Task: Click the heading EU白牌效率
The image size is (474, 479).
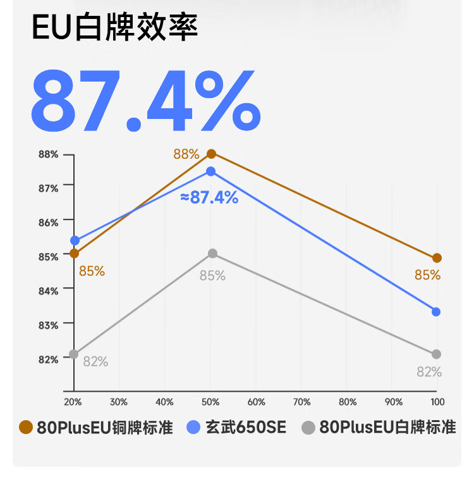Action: (x=116, y=27)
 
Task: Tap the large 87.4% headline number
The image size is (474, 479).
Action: (x=145, y=99)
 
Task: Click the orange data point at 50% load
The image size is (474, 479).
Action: (x=211, y=154)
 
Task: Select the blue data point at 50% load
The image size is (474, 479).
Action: (x=211, y=171)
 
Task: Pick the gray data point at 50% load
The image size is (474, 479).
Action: (x=212, y=253)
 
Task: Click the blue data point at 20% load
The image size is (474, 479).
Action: (x=75, y=240)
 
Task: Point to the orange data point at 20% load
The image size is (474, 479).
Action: (x=75, y=253)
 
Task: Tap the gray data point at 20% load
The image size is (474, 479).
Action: (x=74, y=354)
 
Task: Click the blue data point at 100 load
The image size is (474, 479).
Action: (x=436, y=311)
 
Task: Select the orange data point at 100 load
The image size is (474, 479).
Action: (x=437, y=258)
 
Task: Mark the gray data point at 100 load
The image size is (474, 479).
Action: (x=436, y=354)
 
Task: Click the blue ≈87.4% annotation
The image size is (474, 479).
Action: (x=209, y=197)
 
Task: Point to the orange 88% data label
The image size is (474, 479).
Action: (x=186, y=154)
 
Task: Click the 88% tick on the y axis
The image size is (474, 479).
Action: (x=49, y=154)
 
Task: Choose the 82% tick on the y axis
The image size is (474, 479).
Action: (x=49, y=359)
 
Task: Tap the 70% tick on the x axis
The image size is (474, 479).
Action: (x=302, y=402)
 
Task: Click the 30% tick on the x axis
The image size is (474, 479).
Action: (x=119, y=402)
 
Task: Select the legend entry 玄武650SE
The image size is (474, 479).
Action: (x=237, y=428)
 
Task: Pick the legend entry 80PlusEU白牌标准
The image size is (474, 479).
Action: (x=379, y=428)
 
